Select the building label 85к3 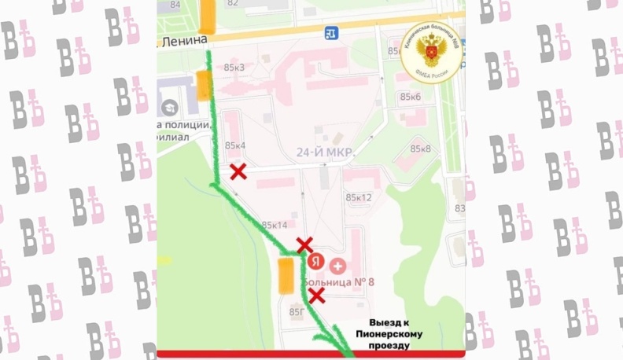click(x=234, y=67)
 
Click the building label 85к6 click(x=411, y=97)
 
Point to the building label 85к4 click(x=235, y=145)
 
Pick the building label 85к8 click(x=421, y=149)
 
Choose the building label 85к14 click(x=275, y=225)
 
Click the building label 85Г click(x=297, y=312)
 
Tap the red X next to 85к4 click(x=238, y=172)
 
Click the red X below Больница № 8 click(x=316, y=295)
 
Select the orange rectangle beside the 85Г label click(x=286, y=275)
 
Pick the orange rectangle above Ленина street click(x=208, y=15)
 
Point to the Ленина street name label click(x=186, y=39)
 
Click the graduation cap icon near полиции click(x=168, y=107)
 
